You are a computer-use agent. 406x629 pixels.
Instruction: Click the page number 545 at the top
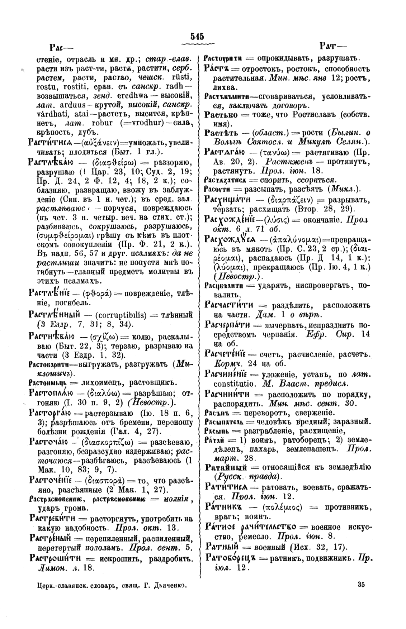[197, 36]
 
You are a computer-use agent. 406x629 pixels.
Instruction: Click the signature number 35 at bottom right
[361, 585]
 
